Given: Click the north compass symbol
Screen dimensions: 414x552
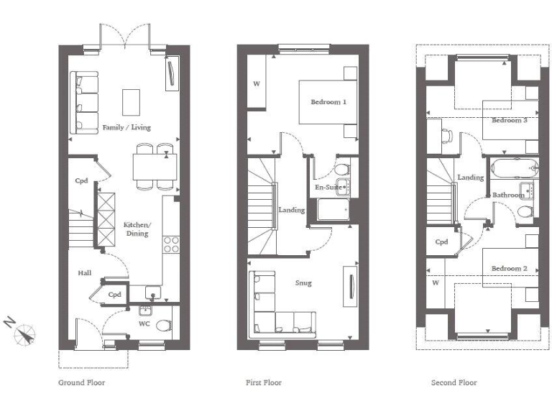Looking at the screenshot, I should pyautogui.click(x=27, y=333).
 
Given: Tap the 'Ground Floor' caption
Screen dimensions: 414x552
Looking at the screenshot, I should pyautogui.click(x=81, y=382).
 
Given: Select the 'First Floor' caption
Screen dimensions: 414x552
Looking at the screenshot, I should pyautogui.click(x=264, y=382).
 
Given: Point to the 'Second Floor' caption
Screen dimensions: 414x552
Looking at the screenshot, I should pyautogui.click(x=454, y=382).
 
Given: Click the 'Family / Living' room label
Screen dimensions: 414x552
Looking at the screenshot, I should pyautogui.click(x=126, y=127).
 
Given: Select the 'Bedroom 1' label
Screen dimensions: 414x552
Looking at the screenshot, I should pyautogui.click(x=328, y=102).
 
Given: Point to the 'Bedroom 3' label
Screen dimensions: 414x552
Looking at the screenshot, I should pyautogui.click(x=509, y=120).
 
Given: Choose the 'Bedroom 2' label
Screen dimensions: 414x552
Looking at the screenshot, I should pyautogui.click(x=509, y=268).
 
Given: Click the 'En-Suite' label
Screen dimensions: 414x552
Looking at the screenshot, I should pyautogui.click(x=327, y=188).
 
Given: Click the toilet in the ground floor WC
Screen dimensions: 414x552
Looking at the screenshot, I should pyautogui.click(x=163, y=325).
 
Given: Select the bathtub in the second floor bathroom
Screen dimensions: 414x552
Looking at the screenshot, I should pyautogui.click(x=513, y=170).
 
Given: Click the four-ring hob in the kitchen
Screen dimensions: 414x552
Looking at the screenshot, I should pyautogui.click(x=171, y=244).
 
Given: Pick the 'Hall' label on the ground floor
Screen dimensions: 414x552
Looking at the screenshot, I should pyautogui.click(x=84, y=273).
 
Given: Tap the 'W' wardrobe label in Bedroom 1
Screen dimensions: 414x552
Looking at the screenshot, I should pyautogui.click(x=256, y=84).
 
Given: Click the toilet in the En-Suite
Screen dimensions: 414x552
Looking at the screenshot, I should pyautogui.click(x=341, y=170).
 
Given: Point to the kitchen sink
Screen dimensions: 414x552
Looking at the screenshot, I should pyautogui.click(x=153, y=293).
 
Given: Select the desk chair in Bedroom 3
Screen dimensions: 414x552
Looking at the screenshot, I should pyautogui.click(x=446, y=134).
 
